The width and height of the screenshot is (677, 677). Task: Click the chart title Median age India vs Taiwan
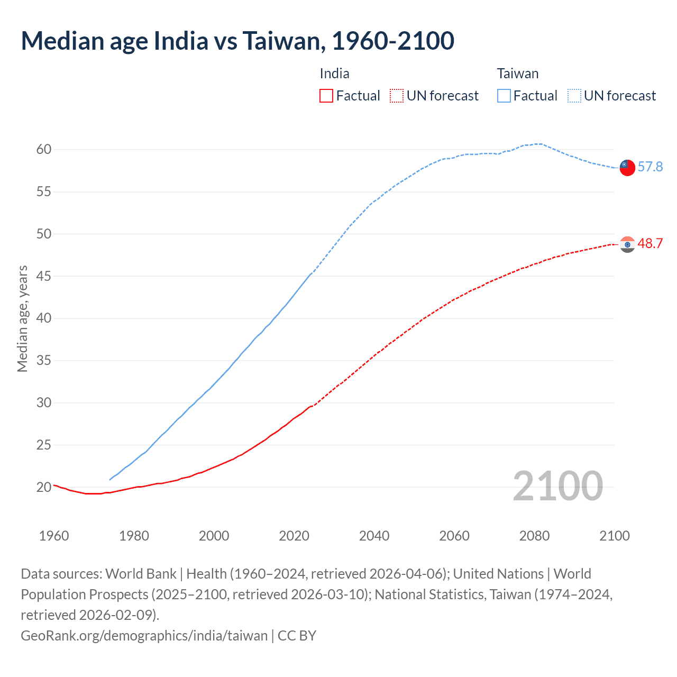tap(237, 41)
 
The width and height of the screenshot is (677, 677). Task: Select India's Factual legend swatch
tap(326, 96)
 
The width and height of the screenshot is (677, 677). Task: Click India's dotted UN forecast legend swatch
tap(397, 96)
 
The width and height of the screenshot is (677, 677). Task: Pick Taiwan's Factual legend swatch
tap(504, 96)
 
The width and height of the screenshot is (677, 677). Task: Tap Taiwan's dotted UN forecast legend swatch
tap(574, 96)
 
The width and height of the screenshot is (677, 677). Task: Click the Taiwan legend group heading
tap(517, 74)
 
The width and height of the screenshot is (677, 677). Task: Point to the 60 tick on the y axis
tap(44, 150)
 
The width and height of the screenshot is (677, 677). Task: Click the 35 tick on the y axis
tap(44, 361)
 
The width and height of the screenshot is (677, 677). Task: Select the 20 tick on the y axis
tap(44, 487)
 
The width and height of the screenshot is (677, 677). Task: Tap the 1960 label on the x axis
tap(54, 536)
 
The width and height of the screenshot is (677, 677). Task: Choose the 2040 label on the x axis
tap(374, 536)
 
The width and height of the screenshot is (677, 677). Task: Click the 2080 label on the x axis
tap(534, 536)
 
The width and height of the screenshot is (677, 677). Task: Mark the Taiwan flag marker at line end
tap(627, 168)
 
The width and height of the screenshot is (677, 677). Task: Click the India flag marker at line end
tap(627, 244)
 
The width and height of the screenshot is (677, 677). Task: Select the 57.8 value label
tap(650, 167)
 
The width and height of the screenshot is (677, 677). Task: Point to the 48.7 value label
tap(650, 244)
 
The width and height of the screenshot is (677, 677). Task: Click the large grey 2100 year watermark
tap(557, 486)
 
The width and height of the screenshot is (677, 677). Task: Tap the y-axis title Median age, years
tap(23, 319)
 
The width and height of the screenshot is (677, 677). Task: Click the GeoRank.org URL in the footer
tap(144, 636)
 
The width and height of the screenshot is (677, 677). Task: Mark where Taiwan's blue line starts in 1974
tap(110, 480)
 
